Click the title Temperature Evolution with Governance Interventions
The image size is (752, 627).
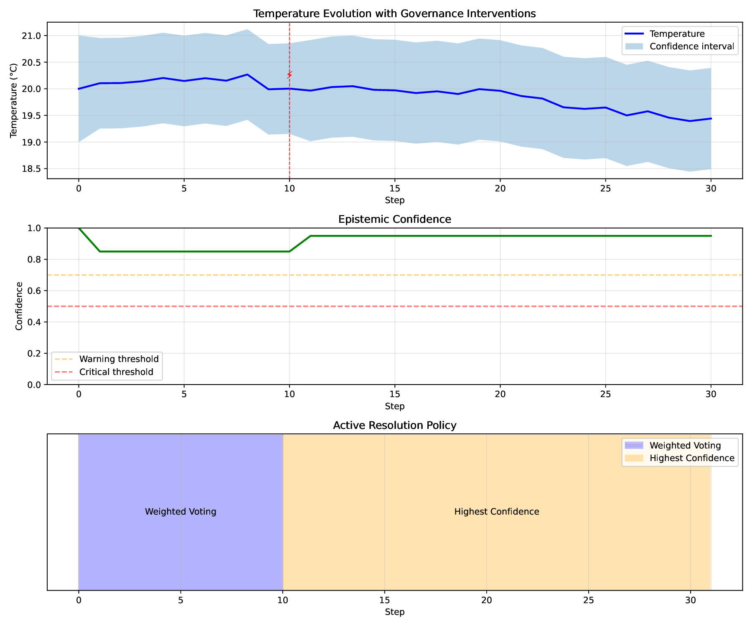click(394, 14)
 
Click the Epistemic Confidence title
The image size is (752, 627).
click(394, 219)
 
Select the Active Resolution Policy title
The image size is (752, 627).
click(394, 426)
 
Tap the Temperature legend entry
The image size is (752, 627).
click(677, 33)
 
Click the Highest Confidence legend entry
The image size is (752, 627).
click(679, 458)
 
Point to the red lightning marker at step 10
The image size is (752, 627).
click(290, 75)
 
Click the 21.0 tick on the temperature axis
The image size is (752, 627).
click(35, 36)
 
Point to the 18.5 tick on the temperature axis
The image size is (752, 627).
click(35, 169)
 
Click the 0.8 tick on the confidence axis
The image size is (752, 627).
click(36, 260)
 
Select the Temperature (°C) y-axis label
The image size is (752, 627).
click(14, 100)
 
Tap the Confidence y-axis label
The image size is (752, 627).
click(19, 306)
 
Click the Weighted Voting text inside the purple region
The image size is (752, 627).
click(180, 512)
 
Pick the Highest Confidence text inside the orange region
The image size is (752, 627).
click(497, 512)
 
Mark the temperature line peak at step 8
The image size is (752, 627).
click(247, 74)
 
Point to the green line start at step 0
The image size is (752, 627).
click(79, 228)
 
